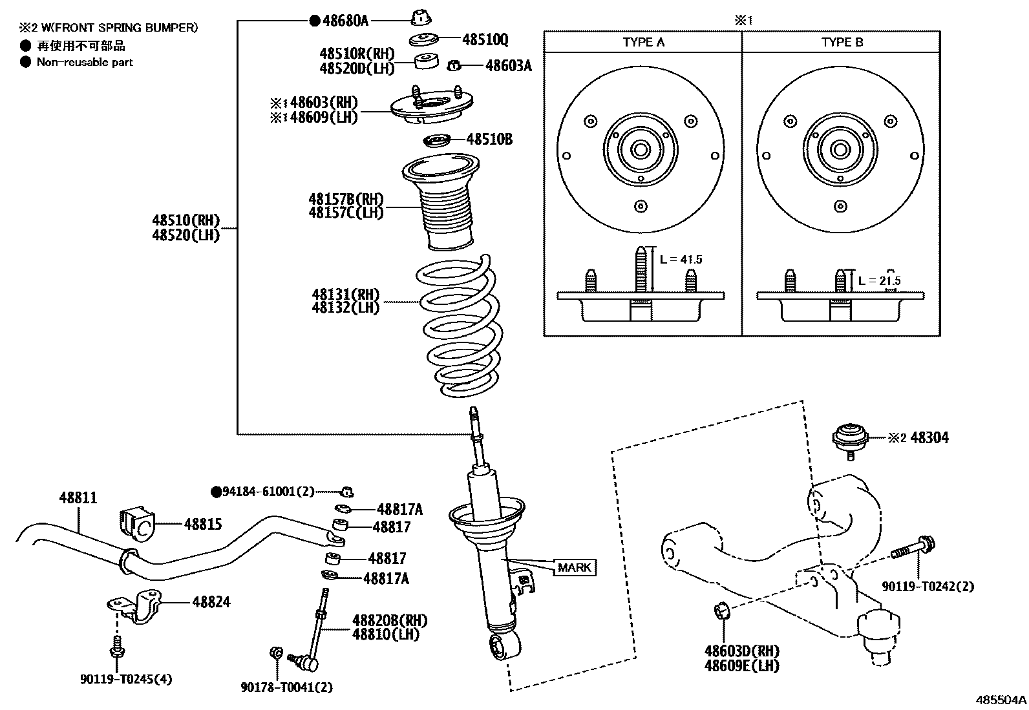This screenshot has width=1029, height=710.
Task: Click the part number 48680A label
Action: pos(345,21)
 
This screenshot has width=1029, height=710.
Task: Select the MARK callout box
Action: pos(574,568)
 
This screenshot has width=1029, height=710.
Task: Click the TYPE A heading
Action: pos(643,43)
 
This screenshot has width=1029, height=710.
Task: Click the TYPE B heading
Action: pos(842,43)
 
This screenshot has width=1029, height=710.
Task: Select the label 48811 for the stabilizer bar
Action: pos(78,498)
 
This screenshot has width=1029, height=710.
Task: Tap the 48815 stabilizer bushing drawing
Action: pos(136,523)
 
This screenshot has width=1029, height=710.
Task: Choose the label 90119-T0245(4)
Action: pos(126,679)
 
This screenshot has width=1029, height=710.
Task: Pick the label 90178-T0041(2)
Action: pos(287,688)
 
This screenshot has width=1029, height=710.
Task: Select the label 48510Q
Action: pos(485,40)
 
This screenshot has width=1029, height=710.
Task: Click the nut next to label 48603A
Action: pos(454,65)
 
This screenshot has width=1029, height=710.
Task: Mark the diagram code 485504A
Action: pos(1001,700)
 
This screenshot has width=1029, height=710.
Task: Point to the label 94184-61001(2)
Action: pos(268,492)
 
